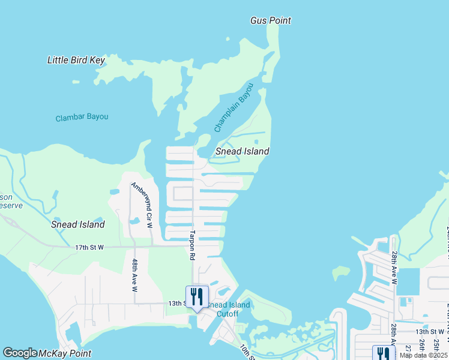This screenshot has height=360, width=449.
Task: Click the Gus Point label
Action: click(270, 20)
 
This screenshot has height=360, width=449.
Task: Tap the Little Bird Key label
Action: click(76, 60)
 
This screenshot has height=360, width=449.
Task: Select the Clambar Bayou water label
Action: click(82, 117)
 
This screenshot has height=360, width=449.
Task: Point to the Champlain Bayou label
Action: click(234, 108)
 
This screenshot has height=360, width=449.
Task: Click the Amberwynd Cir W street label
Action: click(142, 205)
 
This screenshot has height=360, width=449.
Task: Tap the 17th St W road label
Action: click(89, 247)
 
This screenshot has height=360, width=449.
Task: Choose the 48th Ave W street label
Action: click(135, 275)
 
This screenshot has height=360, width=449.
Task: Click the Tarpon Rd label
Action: click(193, 245)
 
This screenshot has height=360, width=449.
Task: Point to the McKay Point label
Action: click(65, 353)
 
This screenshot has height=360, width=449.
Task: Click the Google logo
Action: click(20, 353)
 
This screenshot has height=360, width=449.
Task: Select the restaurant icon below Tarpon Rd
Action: click(196, 296)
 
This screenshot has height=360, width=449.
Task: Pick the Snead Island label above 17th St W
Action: click(77, 224)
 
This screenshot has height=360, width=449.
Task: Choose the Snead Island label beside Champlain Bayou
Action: click(242, 151)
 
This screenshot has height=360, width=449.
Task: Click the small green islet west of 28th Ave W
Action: click(341, 273)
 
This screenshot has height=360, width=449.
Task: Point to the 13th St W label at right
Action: click(429, 331)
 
